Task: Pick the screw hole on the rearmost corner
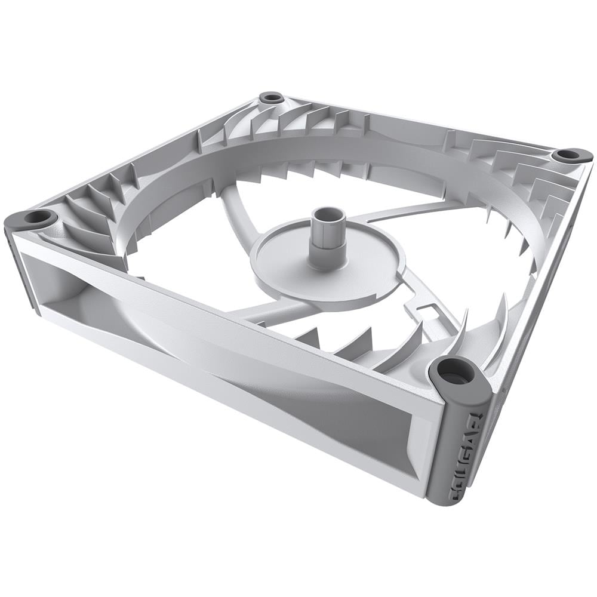272,97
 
